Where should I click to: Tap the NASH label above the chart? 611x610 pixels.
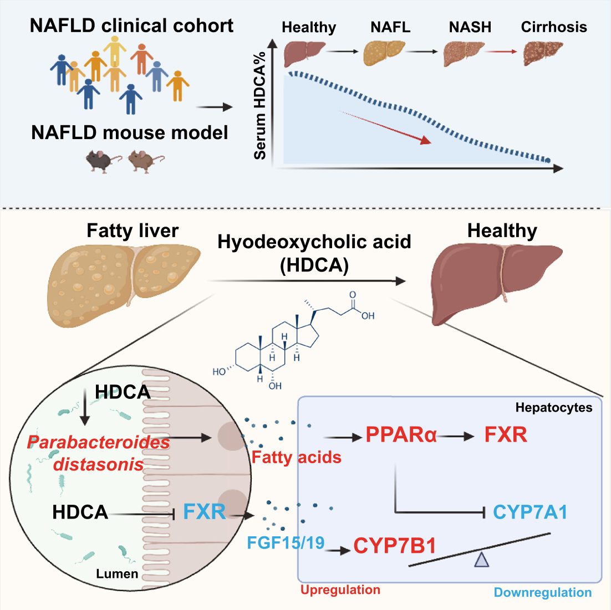(x=470, y=27)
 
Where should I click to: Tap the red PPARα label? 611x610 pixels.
(x=401, y=435)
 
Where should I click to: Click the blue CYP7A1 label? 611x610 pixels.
(x=530, y=512)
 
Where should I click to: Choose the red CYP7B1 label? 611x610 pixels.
(x=394, y=546)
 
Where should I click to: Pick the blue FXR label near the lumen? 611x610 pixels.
(x=204, y=512)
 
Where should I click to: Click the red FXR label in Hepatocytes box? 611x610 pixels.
(x=506, y=435)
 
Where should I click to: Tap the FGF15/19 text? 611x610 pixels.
(x=286, y=542)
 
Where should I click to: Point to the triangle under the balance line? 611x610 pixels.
(x=481, y=561)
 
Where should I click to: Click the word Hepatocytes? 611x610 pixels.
(x=553, y=408)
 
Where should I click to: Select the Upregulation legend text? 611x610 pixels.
(x=340, y=590)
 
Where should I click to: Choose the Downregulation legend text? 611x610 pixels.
(x=542, y=592)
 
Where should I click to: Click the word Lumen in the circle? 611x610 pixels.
(x=117, y=573)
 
